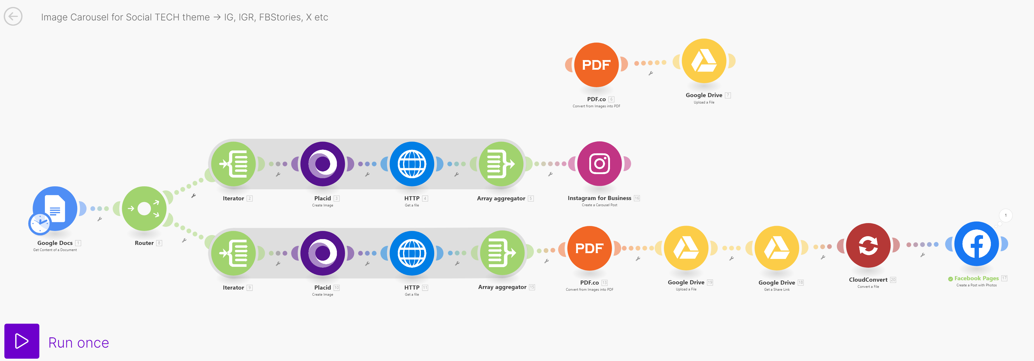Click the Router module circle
[144, 208]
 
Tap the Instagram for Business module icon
[599, 163]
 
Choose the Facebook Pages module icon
[976, 244]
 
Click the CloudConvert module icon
[868, 245]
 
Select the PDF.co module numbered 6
[596, 65]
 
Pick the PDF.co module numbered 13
[589, 248]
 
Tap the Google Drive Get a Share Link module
[776, 248]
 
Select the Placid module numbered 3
[322, 164]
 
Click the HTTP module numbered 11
[412, 253]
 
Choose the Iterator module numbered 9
[233, 253]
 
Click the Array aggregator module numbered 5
[501, 164]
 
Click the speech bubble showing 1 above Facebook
[1005, 215]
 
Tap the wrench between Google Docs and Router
[100, 219]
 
